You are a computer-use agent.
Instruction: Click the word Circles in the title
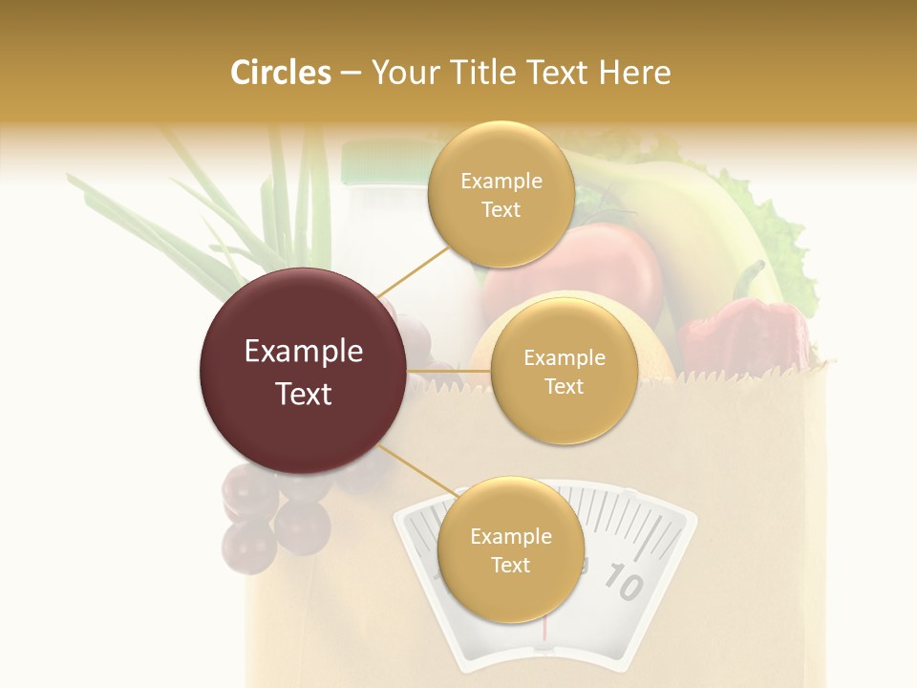click(x=281, y=73)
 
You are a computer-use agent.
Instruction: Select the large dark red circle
click(x=303, y=371)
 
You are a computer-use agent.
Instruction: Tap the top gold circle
click(x=501, y=194)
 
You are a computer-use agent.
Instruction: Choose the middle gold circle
click(x=564, y=371)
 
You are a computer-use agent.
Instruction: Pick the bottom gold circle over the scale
click(x=510, y=549)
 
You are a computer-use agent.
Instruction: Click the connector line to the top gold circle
click(x=412, y=268)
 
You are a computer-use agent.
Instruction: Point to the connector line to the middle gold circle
click(x=449, y=371)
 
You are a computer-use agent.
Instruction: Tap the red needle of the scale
click(x=544, y=629)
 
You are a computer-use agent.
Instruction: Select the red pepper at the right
click(x=740, y=334)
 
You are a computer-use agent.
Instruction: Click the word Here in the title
click(x=635, y=73)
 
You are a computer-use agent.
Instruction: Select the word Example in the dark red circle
click(x=303, y=352)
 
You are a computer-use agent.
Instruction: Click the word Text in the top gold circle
click(x=501, y=209)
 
